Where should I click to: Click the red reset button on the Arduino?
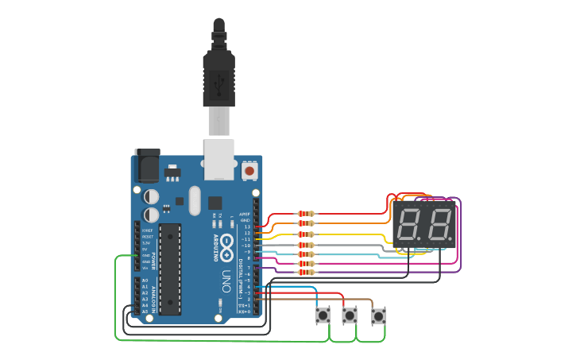click(249, 170)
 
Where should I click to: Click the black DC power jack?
click(146, 165)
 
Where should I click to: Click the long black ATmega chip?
click(170, 269)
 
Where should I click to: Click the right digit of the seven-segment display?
click(439, 224)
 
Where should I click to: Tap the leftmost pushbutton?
click(323, 316)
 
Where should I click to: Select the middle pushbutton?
click(350, 316)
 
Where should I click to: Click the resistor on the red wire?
click(305, 214)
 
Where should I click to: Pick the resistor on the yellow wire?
click(305, 234)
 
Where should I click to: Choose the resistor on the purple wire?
click(305, 273)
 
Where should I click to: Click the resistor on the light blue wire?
click(305, 254)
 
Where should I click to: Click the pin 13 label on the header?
click(247, 227)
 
